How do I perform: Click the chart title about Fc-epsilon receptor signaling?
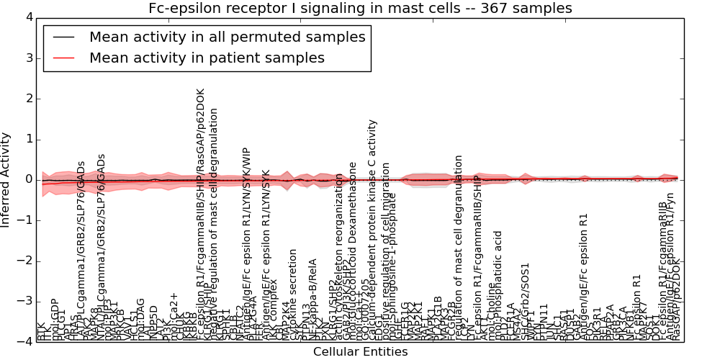360,9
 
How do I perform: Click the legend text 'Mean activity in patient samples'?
207,58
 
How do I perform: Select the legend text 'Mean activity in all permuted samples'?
227,37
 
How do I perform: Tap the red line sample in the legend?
63,58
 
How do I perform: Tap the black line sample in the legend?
63,37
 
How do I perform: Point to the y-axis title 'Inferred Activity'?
6,180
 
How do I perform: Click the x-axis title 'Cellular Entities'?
360,352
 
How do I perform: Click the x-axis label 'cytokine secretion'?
293,294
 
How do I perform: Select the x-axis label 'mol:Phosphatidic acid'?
497,285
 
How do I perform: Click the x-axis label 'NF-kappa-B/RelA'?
313,299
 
